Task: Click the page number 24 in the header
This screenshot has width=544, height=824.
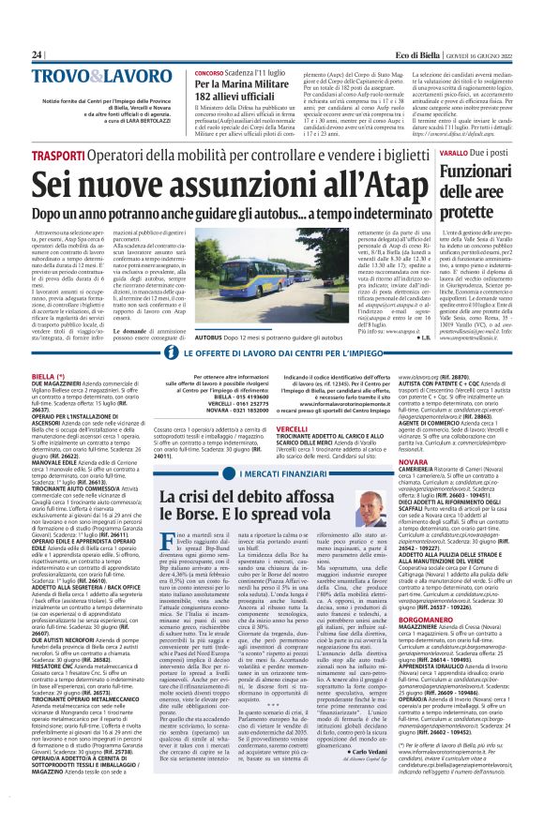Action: coord(38,54)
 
